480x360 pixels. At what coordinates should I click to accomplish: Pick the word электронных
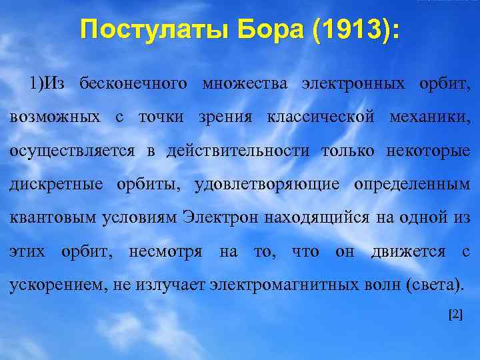[x=353, y=84]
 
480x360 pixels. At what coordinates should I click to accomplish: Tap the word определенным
[x=409, y=184]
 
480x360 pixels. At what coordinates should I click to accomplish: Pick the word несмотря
[x=165, y=251]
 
